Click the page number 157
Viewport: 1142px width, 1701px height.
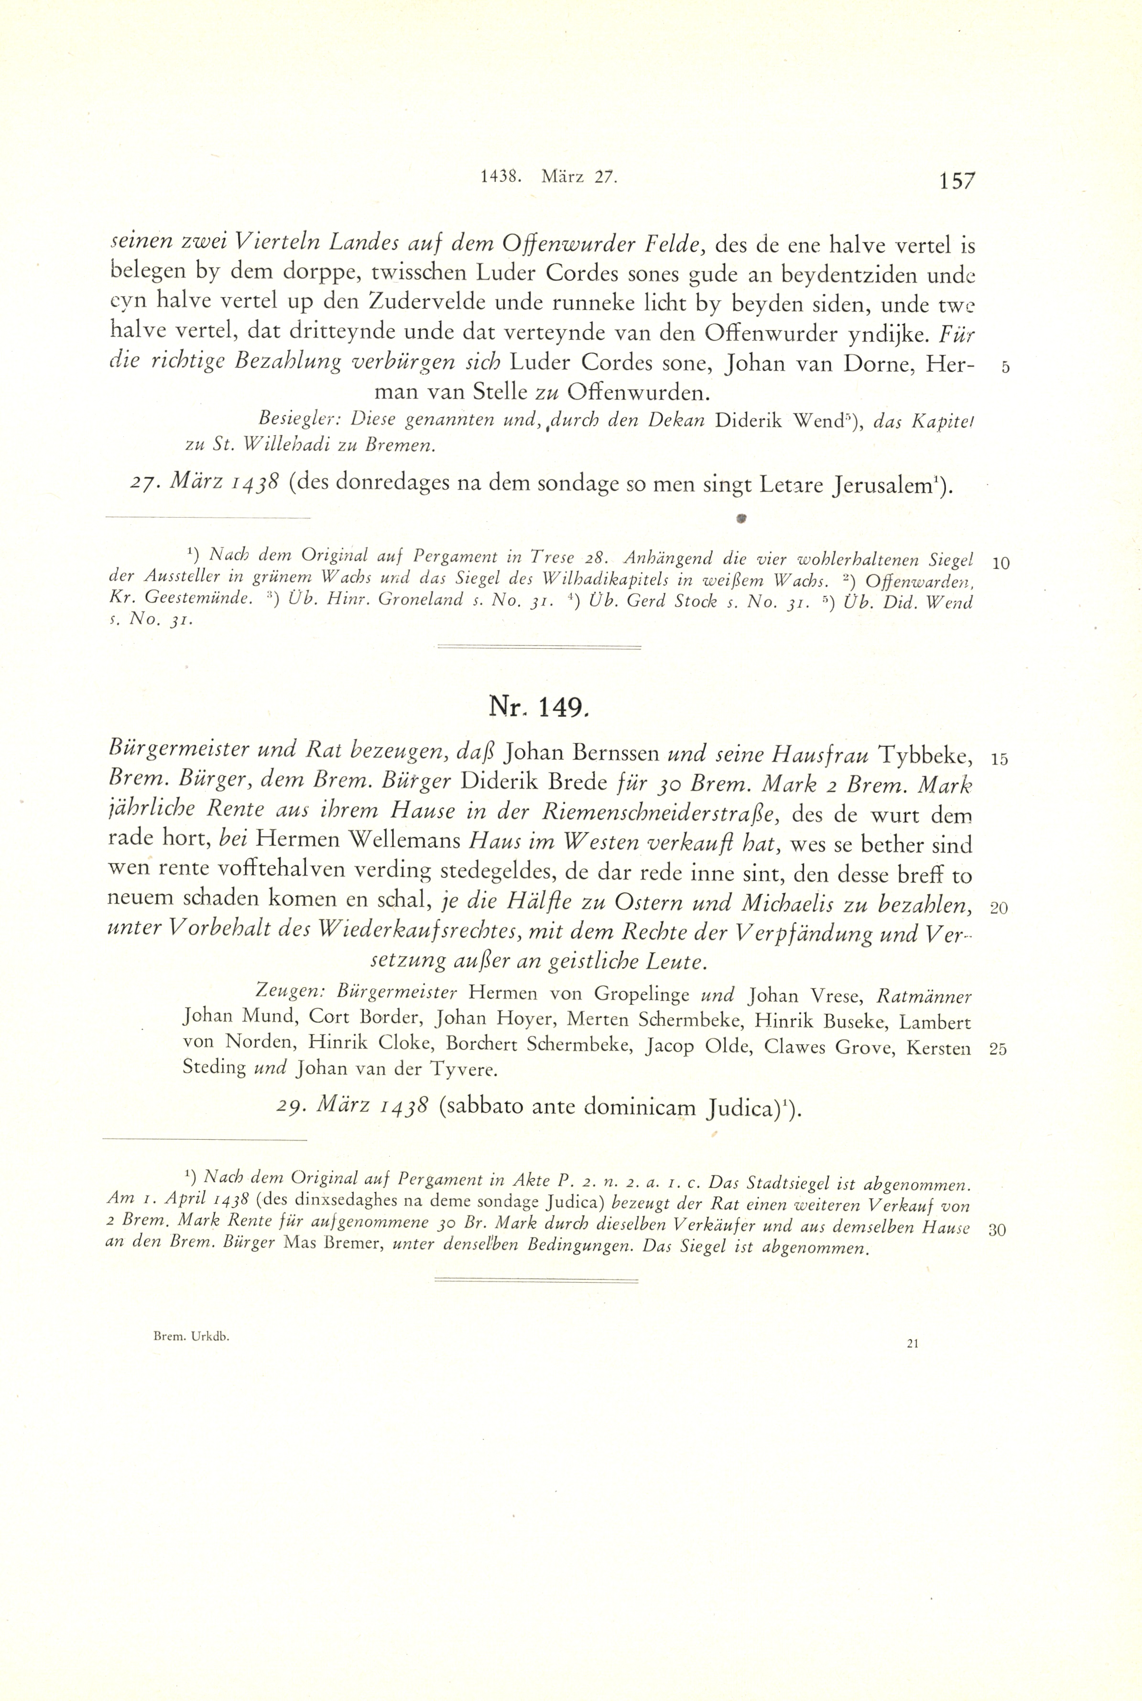[x=956, y=181]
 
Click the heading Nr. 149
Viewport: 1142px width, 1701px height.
[x=537, y=706]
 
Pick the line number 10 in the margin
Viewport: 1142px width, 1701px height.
[x=1000, y=563]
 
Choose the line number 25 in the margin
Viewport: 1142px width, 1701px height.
[x=998, y=1049]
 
